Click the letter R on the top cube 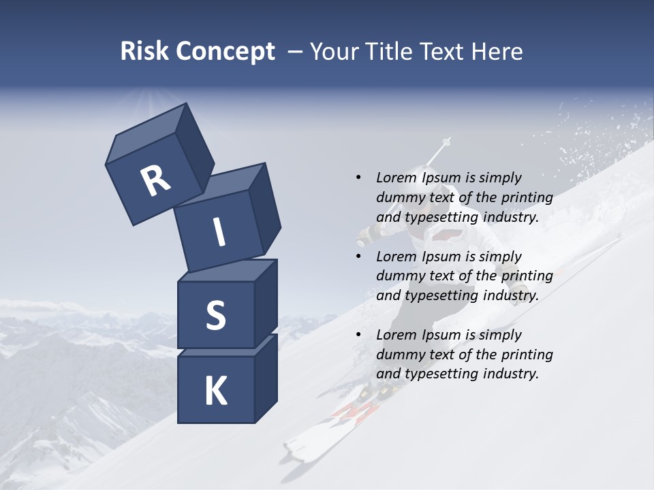tap(155, 181)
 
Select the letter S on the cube tap(215, 315)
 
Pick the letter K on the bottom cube tap(216, 391)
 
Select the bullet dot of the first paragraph tap(358, 178)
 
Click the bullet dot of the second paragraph tap(358, 257)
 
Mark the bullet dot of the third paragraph tap(358, 335)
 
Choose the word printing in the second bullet tap(527, 276)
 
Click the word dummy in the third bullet tap(401, 355)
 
